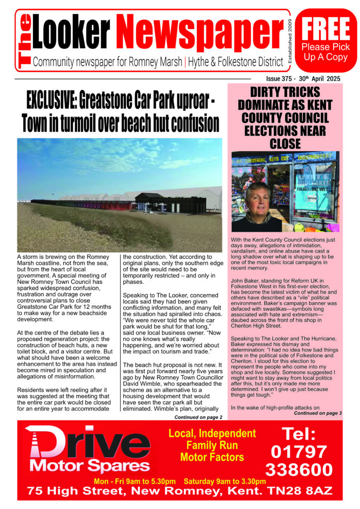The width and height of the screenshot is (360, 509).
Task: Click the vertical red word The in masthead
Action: (24, 41)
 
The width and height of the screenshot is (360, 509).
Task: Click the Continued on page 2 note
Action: (198, 417)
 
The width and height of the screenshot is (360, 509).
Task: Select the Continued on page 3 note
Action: (318, 413)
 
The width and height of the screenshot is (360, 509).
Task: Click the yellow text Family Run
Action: (212, 445)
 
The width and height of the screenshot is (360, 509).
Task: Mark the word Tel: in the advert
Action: (299, 434)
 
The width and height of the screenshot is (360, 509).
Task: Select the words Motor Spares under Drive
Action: (90, 466)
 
